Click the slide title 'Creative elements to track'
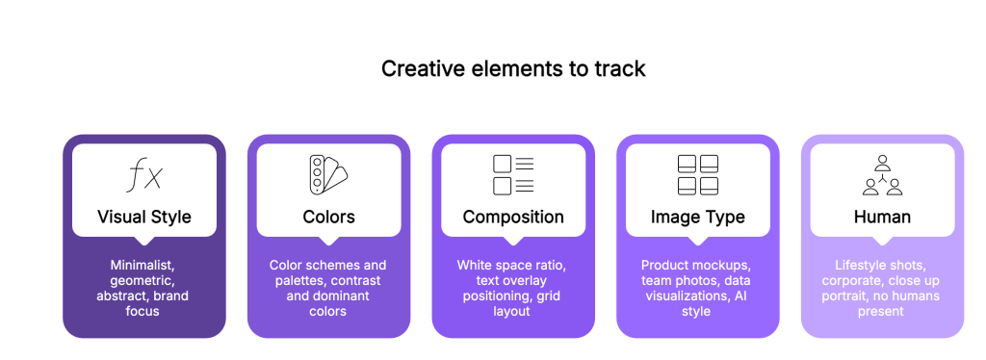513,68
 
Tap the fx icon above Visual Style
144,174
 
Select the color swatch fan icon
327,173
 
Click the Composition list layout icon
513,174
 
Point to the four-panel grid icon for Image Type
698,174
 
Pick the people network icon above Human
882,174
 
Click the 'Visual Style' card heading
144,218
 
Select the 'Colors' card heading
329,218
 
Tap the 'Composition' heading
513,218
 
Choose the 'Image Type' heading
698,218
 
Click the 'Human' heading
882,218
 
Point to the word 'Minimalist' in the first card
143,265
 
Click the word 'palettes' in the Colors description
300,281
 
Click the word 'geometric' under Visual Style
143,281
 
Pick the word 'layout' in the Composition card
512,312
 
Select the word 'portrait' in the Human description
844,296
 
